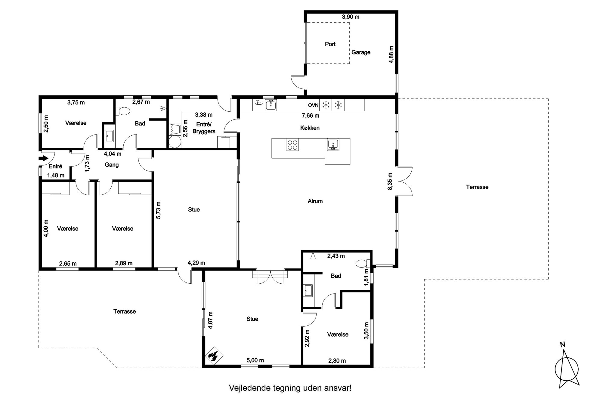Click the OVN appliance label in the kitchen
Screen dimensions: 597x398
point(313,105)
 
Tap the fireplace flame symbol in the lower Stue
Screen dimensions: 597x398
point(214,356)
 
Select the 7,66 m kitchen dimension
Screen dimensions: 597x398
point(311,115)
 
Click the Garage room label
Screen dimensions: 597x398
point(361,52)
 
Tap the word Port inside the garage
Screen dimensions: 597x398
point(330,44)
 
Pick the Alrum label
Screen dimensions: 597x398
point(315,201)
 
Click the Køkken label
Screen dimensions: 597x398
point(310,128)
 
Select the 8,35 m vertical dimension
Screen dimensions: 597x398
point(390,181)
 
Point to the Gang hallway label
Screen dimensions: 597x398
point(112,165)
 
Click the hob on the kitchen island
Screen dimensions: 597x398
point(292,145)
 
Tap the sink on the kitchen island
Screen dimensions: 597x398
point(333,145)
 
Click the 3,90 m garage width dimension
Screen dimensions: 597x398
point(351,17)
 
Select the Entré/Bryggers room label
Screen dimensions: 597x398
point(204,128)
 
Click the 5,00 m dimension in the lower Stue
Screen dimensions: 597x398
point(255,360)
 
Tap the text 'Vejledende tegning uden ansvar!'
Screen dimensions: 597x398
point(290,388)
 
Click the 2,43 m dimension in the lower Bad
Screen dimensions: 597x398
point(336,256)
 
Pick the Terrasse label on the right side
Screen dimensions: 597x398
point(477,187)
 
